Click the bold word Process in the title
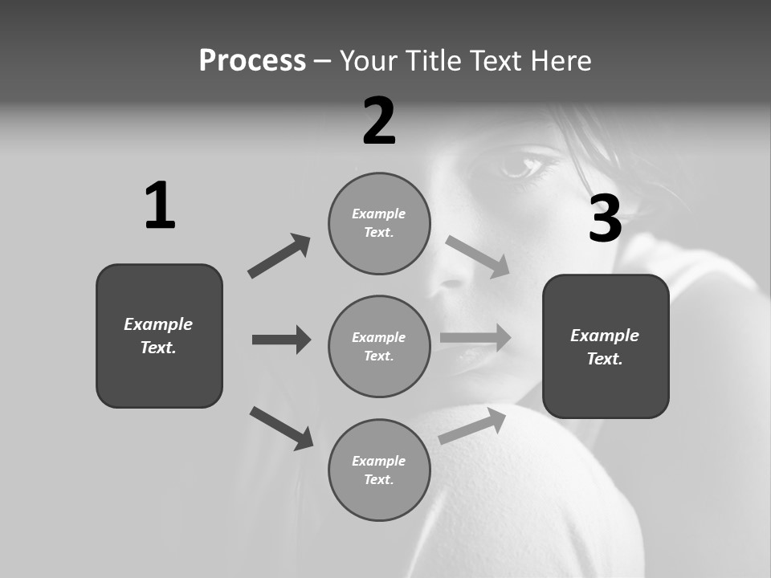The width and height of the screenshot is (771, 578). [x=252, y=61]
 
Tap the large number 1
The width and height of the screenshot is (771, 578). [x=159, y=206]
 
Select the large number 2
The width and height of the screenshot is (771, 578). [x=379, y=121]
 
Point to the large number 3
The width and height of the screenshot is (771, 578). [x=605, y=218]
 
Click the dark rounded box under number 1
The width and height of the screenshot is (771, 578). [x=159, y=336]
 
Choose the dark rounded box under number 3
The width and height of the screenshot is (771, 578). [x=606, y=346]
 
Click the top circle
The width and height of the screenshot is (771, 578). [x=379, y=223]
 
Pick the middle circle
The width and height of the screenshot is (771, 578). [x=379, y=346]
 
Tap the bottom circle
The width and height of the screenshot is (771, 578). [x=379, y=470]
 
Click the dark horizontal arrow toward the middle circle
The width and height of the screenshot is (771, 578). [x=281, y=340]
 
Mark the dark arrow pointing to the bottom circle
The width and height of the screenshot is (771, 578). [x=281, y=428]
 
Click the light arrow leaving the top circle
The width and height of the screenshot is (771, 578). [x=478, y=257]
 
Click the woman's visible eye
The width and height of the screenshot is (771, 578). [x=521, y=165]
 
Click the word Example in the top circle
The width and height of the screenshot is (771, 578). [x=378, y=214]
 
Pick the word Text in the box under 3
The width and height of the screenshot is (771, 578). [x=604, y=359]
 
